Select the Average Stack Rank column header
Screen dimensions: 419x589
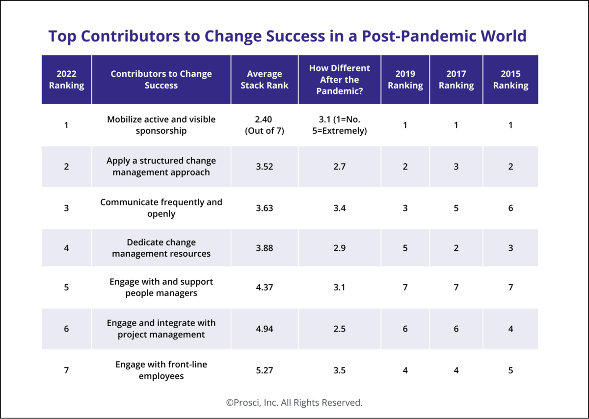pos(265,80)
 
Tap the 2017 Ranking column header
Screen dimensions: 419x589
pos(456,80)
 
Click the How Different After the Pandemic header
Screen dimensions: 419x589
pos(339,80)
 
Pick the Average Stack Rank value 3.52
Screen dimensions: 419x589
pos(265,167)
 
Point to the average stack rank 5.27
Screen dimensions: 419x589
pos(265,370)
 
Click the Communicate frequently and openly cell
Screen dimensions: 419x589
pos(161,208)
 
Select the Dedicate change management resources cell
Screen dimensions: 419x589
pos(161,248)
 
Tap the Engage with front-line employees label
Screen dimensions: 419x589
pos(161,370)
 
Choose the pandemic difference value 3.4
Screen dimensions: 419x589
pos(339,208)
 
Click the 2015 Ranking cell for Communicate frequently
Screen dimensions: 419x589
pos(510,208)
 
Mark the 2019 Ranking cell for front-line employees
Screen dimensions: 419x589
pos(405,370)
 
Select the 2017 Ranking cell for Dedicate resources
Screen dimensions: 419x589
pos(456,248)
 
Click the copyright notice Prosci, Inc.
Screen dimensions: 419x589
pos(294,402)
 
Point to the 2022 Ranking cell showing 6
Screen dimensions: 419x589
pos(66,329)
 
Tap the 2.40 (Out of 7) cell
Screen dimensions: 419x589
pos(265,125)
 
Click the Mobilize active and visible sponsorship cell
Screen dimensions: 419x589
pos(161,125)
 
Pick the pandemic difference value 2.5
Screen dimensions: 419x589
pos(339,329)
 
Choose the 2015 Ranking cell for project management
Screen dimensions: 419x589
pos(510,329)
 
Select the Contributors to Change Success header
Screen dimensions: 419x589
pos(161,80)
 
